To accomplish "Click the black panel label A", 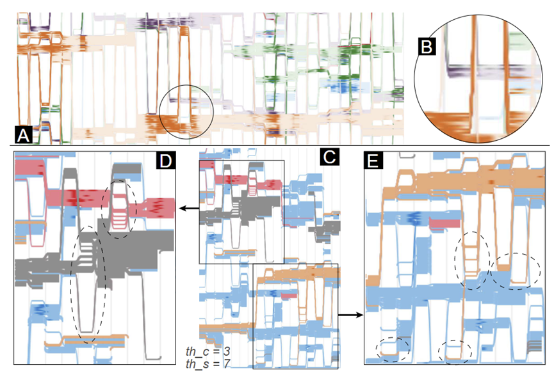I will [23, 134].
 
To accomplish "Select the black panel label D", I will [166, 160].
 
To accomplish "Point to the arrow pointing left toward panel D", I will [188, 209].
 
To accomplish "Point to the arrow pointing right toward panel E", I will [349, 315].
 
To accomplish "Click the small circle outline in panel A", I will [186, 111].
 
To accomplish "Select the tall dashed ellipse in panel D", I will [90, 285].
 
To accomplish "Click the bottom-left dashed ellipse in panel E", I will [391, 348].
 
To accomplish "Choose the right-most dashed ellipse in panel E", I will [511, 270].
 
